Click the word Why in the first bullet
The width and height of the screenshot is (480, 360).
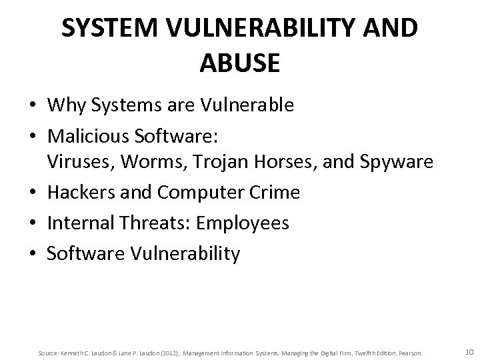coord(65,105)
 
